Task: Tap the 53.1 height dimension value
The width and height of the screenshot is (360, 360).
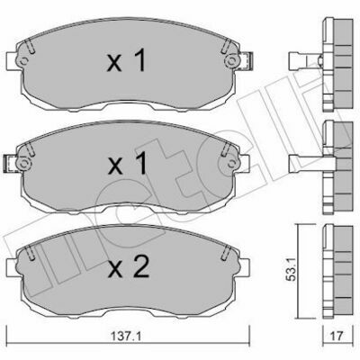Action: point(291,273)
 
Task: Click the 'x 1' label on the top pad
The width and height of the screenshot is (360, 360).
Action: point(127,60)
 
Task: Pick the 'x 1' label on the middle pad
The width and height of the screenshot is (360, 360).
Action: point(128,163)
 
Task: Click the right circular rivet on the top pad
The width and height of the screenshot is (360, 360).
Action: point(231,61)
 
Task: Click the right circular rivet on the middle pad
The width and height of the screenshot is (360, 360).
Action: point(231,164)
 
